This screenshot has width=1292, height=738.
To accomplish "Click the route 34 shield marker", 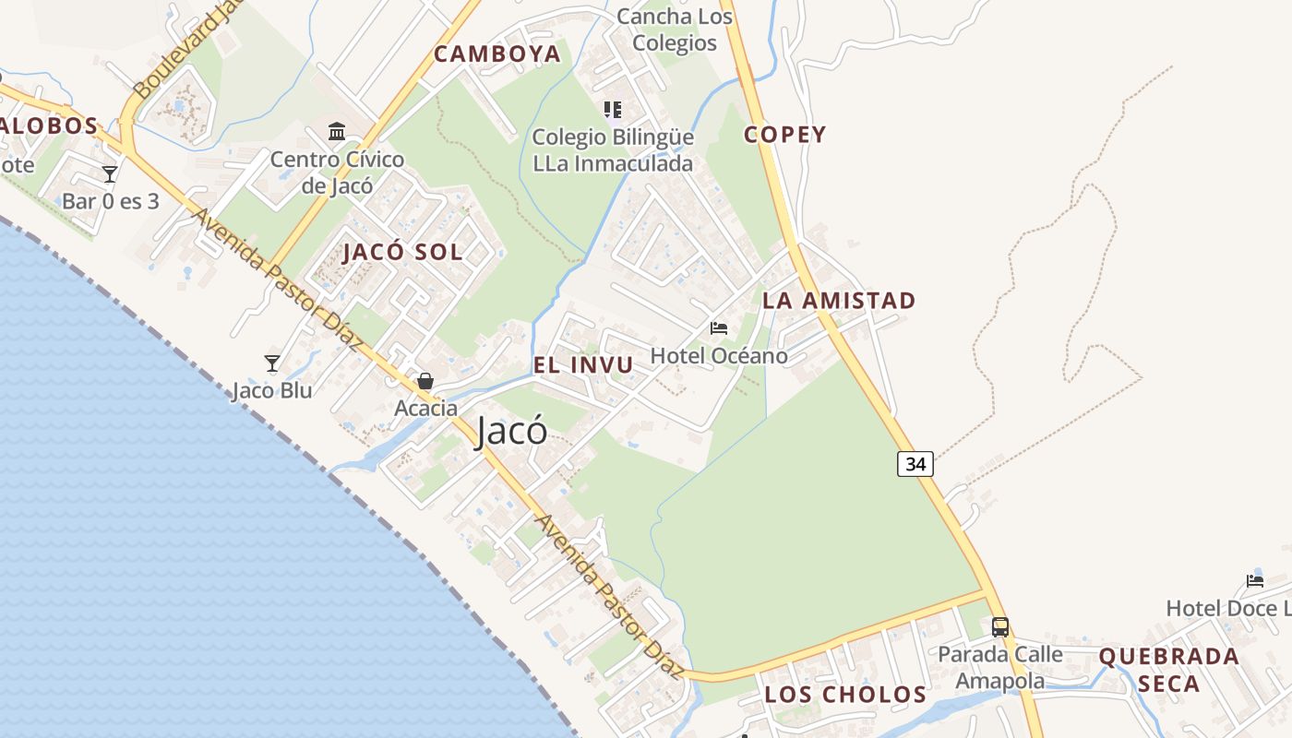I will tap(915, 464).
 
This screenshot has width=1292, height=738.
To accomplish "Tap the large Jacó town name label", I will tap(511, 432).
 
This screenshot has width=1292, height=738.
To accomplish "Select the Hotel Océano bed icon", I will tap(719, 328).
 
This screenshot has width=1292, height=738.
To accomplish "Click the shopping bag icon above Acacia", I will tap(425, 380).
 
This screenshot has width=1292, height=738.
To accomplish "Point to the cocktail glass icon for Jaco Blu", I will tap(272, 363).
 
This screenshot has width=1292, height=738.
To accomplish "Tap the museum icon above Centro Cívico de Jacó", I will tap(337, 131).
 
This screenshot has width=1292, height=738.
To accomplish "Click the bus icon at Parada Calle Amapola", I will tap(1000, 627).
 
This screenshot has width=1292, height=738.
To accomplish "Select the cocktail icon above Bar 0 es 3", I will tap(110, 173).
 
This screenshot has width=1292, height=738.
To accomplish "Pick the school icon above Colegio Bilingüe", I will tap(612, 111).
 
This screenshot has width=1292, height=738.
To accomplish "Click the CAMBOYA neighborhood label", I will tap(497, 54).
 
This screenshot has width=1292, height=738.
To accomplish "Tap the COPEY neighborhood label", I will tap(785, 135).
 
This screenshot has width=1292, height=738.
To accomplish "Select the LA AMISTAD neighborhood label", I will tap(839, 301).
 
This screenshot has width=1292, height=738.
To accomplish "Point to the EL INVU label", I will tap(583, 365).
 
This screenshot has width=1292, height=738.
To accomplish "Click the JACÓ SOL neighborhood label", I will tap(402, 253).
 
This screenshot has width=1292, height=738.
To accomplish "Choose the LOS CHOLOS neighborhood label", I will tap(845, 695).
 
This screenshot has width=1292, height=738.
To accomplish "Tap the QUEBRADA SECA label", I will tap(1168, 670).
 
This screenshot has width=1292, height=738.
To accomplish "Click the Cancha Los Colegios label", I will tap(675, 30).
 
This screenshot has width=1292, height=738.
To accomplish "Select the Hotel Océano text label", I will tap(719, 356).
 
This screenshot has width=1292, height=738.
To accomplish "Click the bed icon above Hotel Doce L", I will tap(1255, 580).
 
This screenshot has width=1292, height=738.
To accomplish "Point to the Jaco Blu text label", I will tap(271, 390).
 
